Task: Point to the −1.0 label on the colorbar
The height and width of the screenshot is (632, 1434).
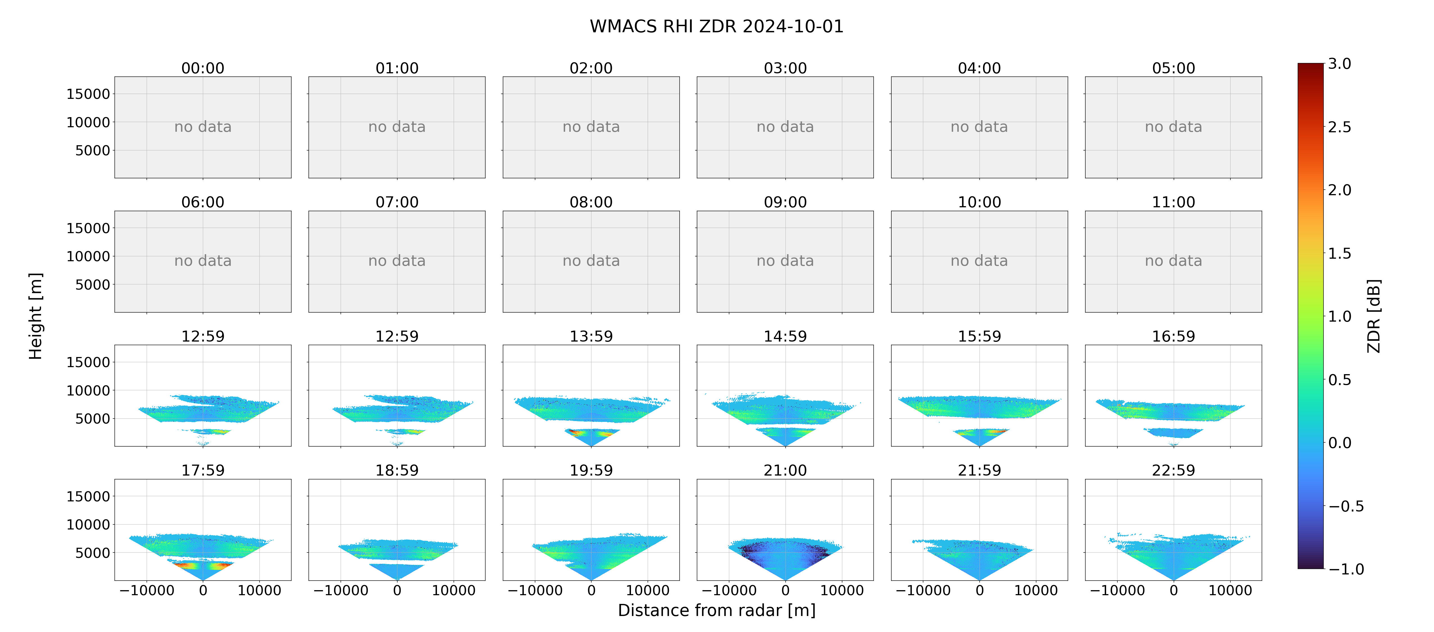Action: [x=1346, y=569]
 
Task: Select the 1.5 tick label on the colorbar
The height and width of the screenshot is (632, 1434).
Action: [x=1339, y=253]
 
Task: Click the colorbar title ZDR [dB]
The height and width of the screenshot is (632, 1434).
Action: [x=1374, y=316]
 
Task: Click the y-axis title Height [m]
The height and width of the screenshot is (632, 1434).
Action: [x=35, y=316]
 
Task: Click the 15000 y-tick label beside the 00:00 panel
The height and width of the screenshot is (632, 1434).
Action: [x=88, y=94]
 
